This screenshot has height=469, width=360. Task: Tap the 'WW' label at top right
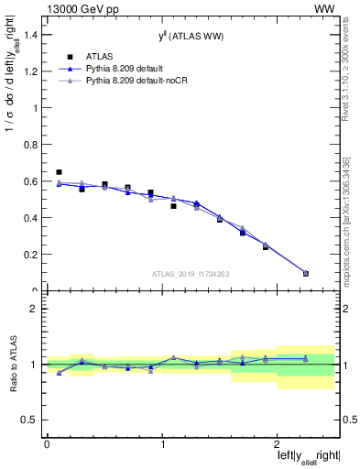(x=325, y=7)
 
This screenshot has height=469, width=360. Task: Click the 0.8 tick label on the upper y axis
(x=34, y=145)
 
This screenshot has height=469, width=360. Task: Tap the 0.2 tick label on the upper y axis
(x=34, y=255)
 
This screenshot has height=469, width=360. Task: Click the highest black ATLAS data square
(x=59, y=172)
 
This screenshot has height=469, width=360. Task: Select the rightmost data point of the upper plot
(x=306, y=273)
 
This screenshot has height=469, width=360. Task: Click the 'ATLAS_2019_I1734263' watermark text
(x=190, y=273)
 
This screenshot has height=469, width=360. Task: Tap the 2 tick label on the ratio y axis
(x=36, y=309)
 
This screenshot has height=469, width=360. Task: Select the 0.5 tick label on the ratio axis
(x=32, y=420)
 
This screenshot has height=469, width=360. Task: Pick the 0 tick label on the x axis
(x=47, y=443)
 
